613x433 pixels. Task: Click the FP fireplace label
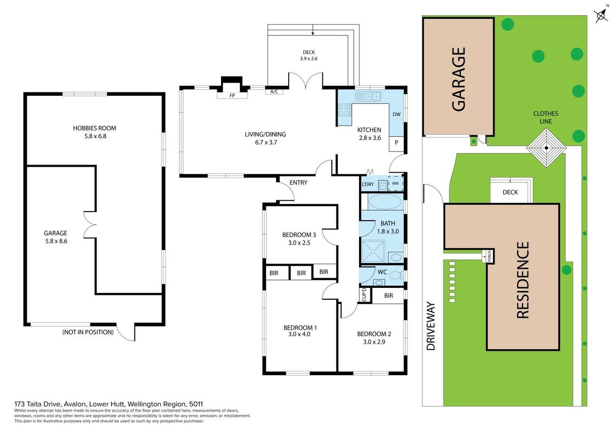pos(232,95)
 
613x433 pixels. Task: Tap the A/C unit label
pos(275,92)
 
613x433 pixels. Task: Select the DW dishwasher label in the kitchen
pos(396,115)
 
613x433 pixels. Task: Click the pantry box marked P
pos(396,143)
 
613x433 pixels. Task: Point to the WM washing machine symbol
pos(395,183)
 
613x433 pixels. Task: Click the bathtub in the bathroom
pos(385,202)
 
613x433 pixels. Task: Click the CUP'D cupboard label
pos(364,294)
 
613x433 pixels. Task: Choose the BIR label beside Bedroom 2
pos(389,296)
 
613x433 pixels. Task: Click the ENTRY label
pos(298,182)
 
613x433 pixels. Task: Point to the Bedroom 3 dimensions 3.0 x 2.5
pos(299,242)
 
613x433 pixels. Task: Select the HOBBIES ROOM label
pos(95,128)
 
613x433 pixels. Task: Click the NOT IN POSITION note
pos(88,332)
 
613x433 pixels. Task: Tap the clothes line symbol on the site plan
pos(546,148)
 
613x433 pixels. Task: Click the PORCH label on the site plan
pos(489,257)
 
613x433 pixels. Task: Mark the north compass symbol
pos(601,15)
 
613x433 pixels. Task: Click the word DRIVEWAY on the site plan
pos(431,325)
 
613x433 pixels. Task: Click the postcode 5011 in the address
pos(196,404)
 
